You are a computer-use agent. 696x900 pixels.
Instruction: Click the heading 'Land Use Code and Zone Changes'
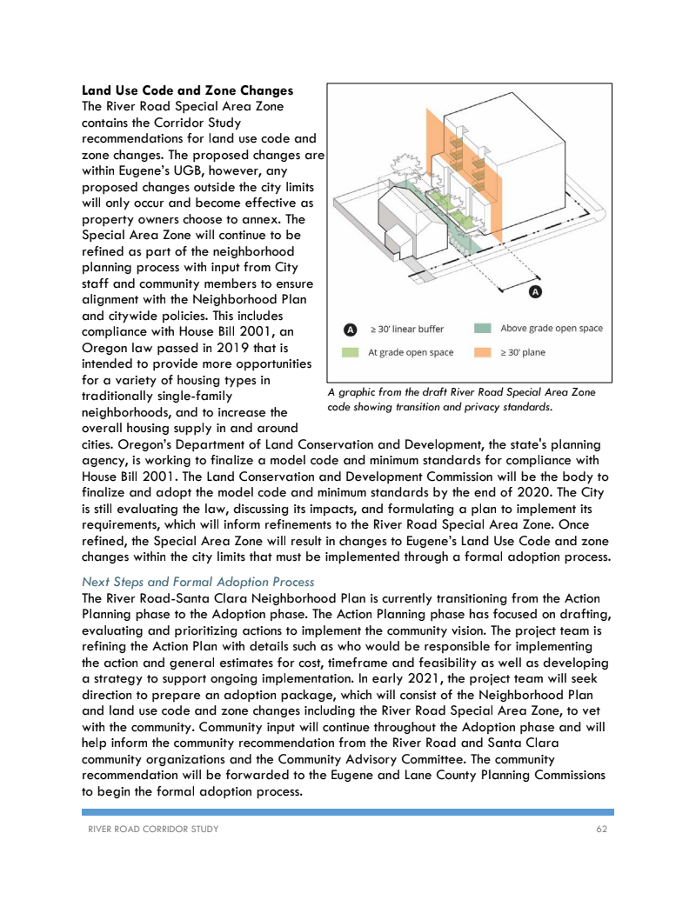[x=186, y=90]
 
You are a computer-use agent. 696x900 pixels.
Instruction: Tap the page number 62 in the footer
[x=601, y=829]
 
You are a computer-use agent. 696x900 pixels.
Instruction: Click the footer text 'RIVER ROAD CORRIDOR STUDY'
[x=154, y=829]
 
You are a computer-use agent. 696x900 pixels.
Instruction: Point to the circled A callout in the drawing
[x=536, y=292]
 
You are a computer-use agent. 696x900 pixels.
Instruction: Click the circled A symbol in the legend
[x=350, y=330]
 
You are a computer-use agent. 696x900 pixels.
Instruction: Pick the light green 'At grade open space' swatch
[x=350, y=353]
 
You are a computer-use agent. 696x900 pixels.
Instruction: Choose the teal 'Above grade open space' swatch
[x=483, y=329]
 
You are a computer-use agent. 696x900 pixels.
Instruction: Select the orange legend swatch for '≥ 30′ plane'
[x=483, y=353]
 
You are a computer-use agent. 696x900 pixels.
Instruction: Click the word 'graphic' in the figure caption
[x=356, y=393]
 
